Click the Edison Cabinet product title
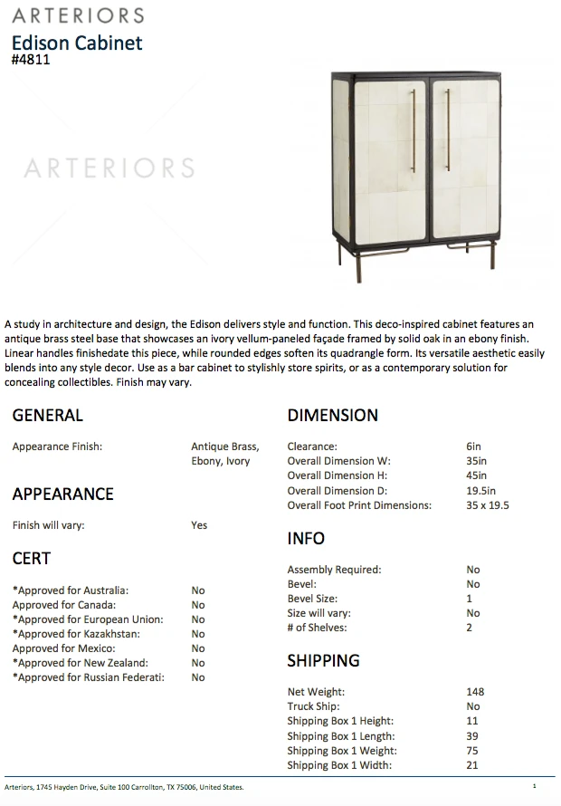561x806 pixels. coord(77,43)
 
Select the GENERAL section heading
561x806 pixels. coord(47,416)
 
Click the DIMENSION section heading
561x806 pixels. coord(332,416)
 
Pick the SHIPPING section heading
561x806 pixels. coord(323,660)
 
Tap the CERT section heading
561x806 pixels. coord(32,559)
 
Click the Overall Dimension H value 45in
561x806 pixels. coord(476,475)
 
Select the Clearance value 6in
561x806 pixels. coord(473,446)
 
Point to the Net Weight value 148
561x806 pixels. coord(475,692)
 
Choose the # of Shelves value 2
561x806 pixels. coord(470,628)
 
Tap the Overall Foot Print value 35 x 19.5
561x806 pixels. coord(488,505)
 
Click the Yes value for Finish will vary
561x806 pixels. coord(199,525)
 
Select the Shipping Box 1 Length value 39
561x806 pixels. coord(472,736)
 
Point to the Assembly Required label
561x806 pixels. coord(334,570)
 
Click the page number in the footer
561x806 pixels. coord(535,786)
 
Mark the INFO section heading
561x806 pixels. coord(306,539)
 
